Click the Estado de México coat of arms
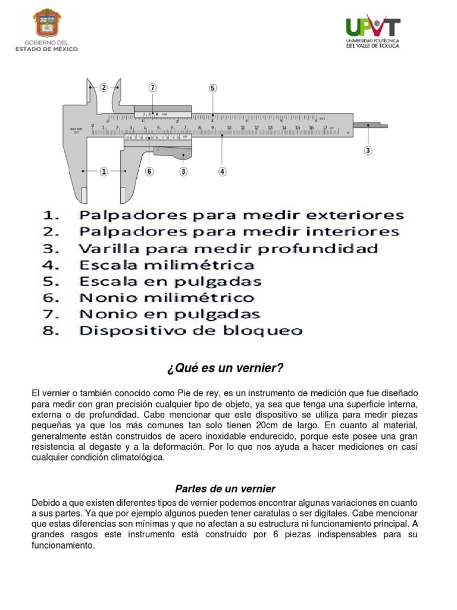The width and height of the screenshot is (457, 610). click(x=46, y=24)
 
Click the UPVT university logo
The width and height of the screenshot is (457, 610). click(x=373, y=32)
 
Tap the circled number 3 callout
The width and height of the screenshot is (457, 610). click(x=368, y=150)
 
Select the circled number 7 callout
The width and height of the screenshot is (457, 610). click(x=153, y=88)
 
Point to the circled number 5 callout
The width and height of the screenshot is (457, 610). click(x=212, y=88)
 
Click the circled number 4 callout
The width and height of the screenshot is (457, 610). click(x=222, y=172)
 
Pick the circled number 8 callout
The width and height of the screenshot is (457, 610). click(x=183, y=172)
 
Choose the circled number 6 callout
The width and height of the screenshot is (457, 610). click(x=149, y=172)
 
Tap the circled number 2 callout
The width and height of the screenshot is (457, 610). click(x=104, y=88)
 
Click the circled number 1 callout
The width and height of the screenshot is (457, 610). click(x=104, y=172)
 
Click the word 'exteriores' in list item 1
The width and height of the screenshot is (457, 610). click(x=359, y=215)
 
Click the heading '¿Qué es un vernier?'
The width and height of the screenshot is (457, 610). click(x=225, y=368)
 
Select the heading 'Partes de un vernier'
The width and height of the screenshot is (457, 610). click(x=225, y=488)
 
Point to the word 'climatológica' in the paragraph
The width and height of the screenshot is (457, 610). click(x=131, y=457)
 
